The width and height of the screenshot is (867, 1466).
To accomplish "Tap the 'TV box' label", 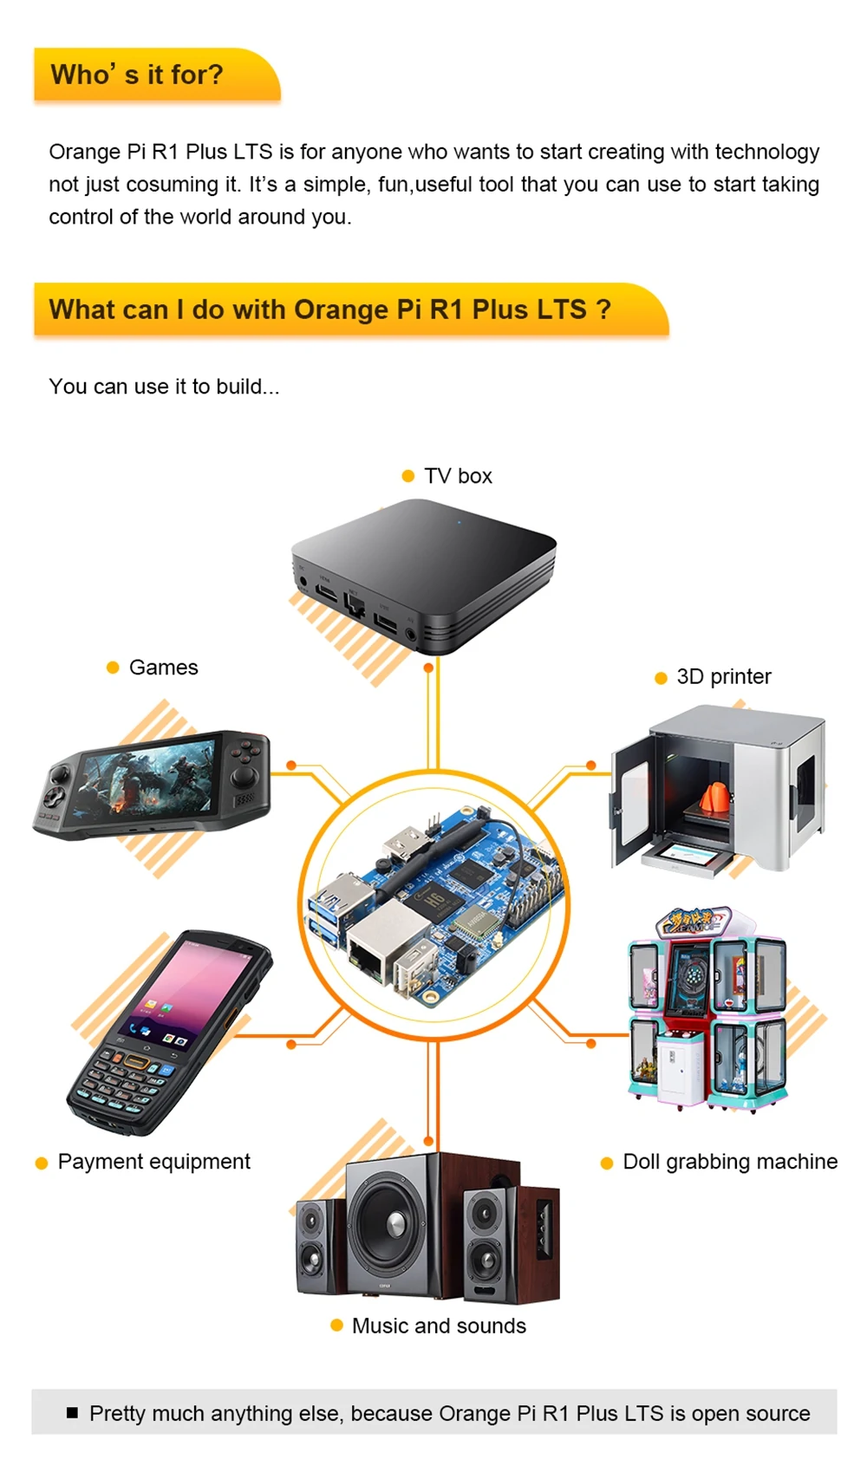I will click(x=457, y=476).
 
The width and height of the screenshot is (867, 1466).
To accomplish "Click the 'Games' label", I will click(x=163, y=668).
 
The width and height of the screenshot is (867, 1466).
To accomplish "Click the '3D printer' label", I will click(x=723, y=677).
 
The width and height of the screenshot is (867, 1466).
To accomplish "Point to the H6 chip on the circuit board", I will click(x=433, y=902).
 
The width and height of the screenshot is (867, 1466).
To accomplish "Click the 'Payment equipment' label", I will click(x=153, y=1162).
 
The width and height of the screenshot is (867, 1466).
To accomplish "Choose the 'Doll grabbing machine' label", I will click(x=730, y=1162).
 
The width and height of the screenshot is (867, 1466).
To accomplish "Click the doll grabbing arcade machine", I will click(x=707, y=1010).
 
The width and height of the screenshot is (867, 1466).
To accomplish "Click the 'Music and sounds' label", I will click(x=439, y=1326).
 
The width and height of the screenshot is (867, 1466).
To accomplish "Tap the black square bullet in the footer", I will click(x=72, y=1413).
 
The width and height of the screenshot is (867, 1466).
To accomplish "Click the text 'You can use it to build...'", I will click(x=164, y=387).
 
